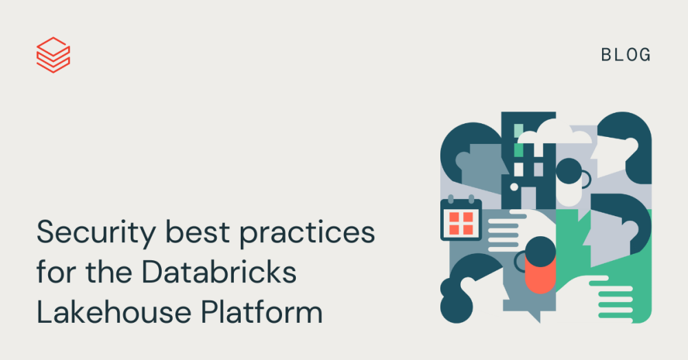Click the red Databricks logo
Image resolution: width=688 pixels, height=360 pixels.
click(53, 54)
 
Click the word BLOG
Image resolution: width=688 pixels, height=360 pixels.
click(625, 55)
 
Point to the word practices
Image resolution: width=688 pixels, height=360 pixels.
click(308, 234)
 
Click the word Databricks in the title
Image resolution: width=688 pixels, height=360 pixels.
click(219, 273)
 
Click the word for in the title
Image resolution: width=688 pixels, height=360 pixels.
click(54, 273)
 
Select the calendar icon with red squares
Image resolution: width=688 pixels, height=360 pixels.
click(460, 222)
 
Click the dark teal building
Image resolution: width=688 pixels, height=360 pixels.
click(528, 158)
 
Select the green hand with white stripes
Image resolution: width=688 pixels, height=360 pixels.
click(616, 296)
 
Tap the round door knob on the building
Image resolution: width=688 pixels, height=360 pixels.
click(513, 186)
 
